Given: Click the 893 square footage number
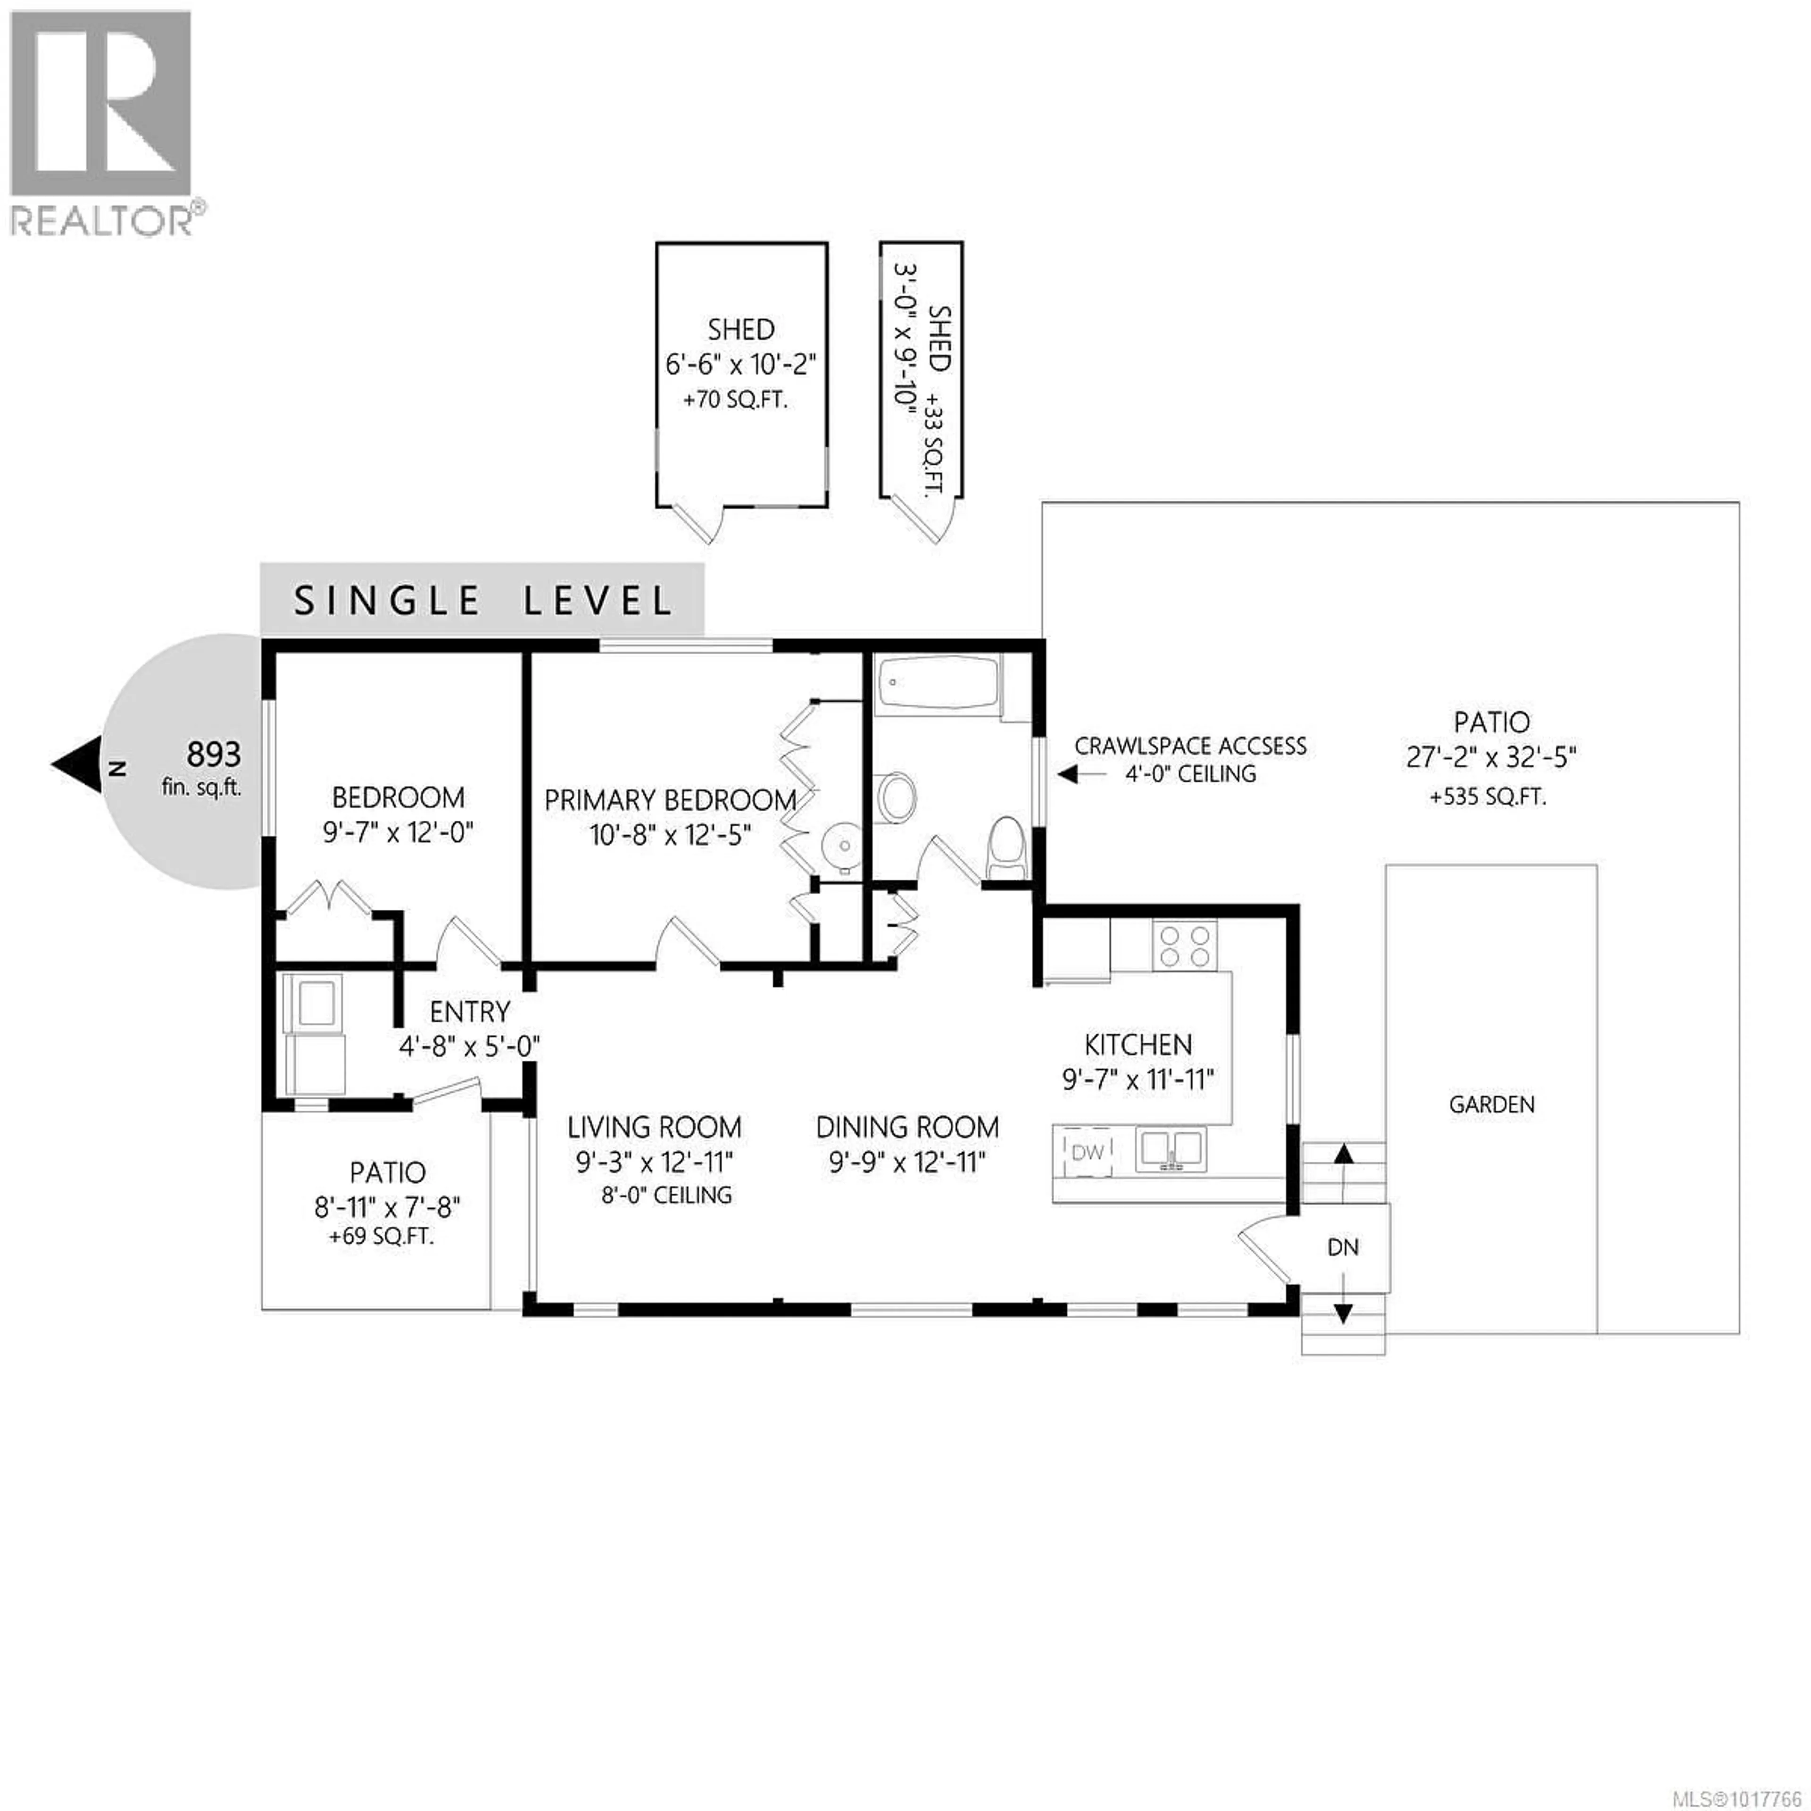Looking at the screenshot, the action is pos(214,754).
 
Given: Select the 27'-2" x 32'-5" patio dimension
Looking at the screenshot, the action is pos(1491,757).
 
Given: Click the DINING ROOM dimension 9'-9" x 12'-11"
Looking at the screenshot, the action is pos(907,1163).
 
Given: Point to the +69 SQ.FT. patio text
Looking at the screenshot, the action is pos(382,1237).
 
